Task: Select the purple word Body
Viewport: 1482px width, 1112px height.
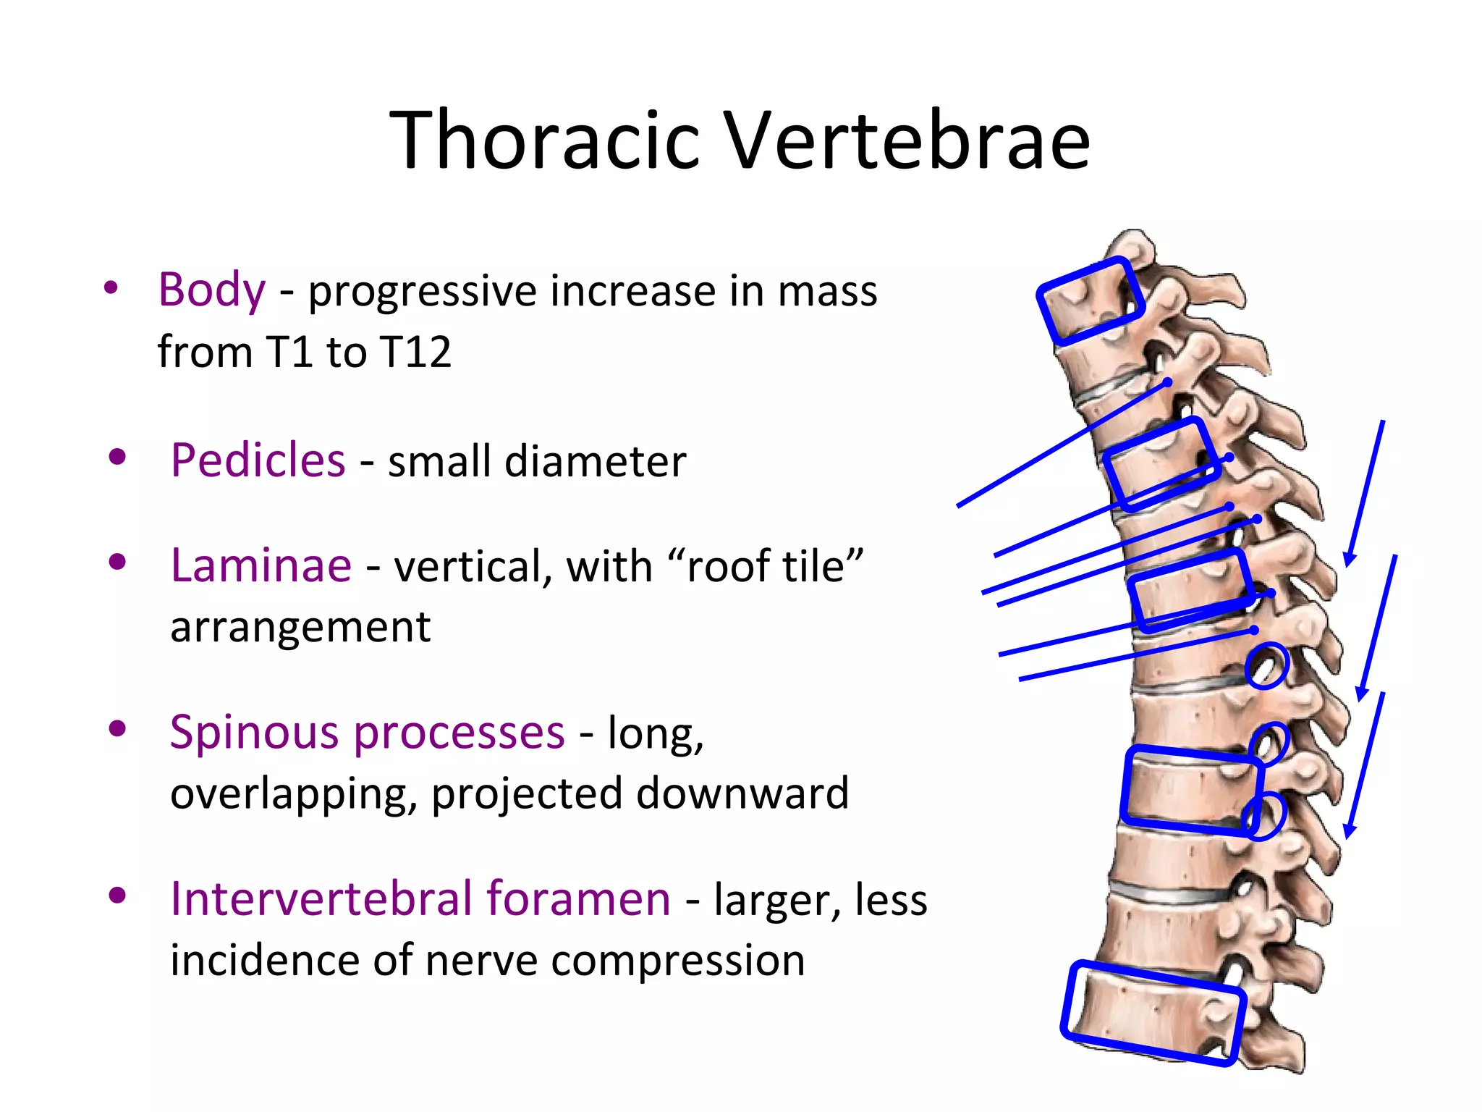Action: (212, 290)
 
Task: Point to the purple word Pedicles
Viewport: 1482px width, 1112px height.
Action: (258, 460)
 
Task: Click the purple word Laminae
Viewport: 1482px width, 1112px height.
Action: (261, 565)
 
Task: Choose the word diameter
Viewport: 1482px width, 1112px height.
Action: (595, 461)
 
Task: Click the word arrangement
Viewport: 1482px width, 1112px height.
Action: (300, 627)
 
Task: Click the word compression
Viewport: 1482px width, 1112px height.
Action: (677, 961)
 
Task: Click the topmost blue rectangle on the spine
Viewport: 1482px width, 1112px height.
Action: (1091, 300)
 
